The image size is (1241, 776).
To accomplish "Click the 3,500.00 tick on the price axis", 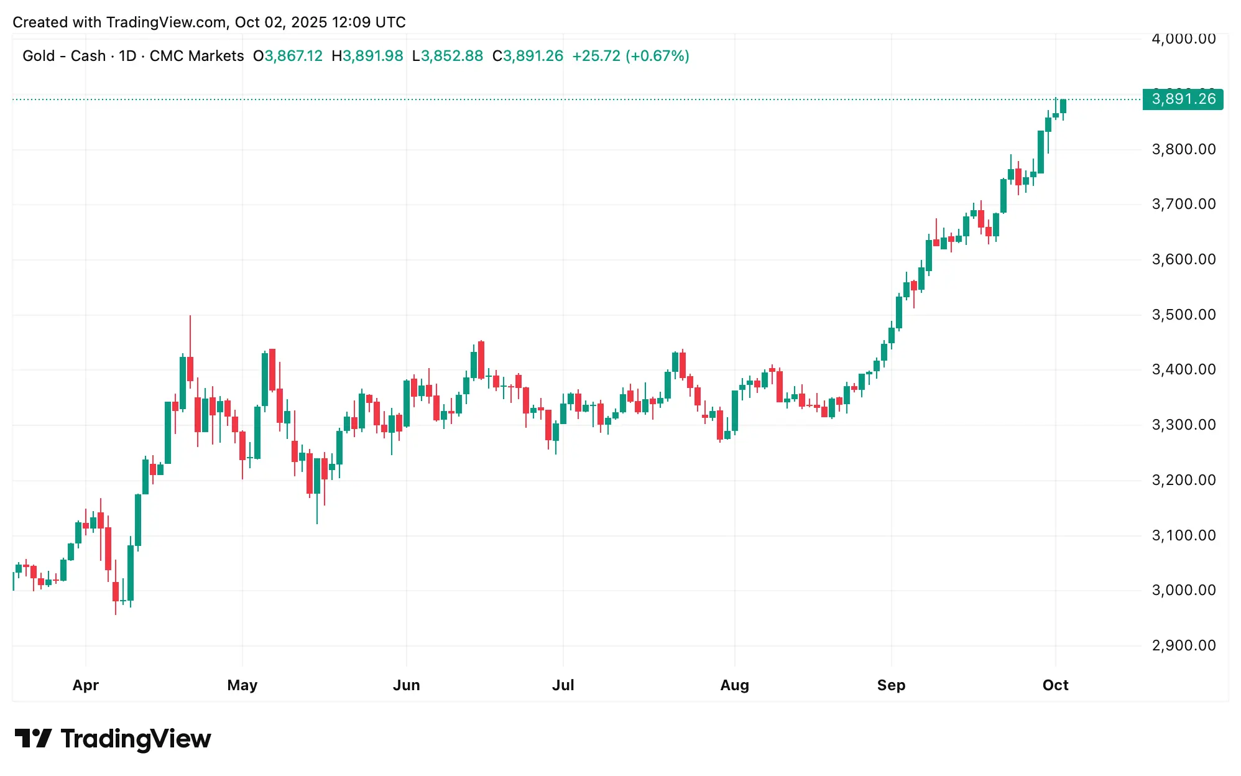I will pos(1183,315).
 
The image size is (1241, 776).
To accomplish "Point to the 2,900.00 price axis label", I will pos(1183,645).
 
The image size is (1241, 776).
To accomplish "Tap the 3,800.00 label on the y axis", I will pos(1183,149).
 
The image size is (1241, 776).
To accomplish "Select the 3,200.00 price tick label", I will pos(1183,480).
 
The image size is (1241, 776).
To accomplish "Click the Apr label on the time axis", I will pos(86,685).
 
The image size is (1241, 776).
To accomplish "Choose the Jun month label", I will pos(407,685).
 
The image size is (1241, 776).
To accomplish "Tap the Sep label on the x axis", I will pos(891,685).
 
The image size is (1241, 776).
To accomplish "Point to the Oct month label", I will pos(1055,685).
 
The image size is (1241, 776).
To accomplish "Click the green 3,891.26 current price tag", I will pos(1183,99).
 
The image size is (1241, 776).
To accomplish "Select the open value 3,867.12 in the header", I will pos(293,56).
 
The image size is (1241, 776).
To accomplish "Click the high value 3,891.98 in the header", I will pos(373,56).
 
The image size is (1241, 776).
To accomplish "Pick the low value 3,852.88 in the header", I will pos(452,56).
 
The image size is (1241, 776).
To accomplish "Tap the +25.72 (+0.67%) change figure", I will pos(630,56).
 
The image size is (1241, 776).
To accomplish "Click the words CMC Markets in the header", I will pos(196,56).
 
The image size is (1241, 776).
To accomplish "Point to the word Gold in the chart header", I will pos(39,56).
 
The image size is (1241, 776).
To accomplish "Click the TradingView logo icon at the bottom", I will pos(33,739).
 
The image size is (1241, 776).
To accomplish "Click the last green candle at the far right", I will pos(1063,106).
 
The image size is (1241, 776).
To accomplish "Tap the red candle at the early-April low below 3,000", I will pos(116,591).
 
